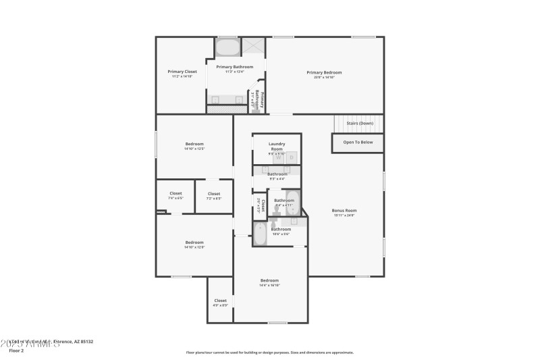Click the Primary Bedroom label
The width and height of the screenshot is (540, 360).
324,72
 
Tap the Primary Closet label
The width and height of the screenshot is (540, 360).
182,71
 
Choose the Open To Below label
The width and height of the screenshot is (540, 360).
358,143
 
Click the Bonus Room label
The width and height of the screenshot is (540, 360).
344,211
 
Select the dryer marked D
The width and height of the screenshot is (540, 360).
292,157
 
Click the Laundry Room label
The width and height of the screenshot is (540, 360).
277,145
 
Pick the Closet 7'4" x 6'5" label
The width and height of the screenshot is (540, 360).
175,194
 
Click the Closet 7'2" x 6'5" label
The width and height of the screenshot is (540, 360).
213,194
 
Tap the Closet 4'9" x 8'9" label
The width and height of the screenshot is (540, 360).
221,301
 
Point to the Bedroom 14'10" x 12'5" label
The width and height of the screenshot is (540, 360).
194,144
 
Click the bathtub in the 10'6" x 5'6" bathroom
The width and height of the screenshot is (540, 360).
261,234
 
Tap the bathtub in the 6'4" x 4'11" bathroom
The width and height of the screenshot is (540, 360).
292,203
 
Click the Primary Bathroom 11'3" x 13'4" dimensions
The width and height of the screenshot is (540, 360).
234,72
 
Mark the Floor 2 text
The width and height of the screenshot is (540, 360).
16,351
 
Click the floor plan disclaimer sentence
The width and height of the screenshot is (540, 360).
270,352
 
